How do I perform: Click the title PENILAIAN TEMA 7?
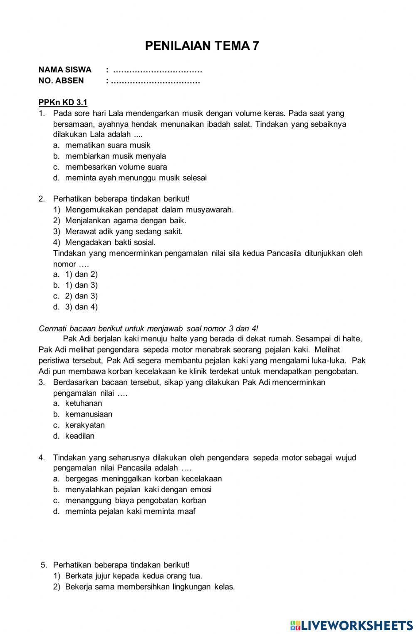click(202, 46)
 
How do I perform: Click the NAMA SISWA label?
click(65, 70)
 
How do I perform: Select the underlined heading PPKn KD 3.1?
click(63, 103)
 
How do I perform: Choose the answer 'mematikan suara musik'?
click(108, 146)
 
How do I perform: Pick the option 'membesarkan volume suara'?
click(116, 167)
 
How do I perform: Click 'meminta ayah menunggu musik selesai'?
click(136, 178)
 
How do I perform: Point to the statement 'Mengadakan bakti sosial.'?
click(110, 242)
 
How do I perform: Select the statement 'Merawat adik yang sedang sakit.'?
click(124, 232)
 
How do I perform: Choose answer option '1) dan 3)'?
click(81, 285)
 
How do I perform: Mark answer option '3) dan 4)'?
click(81, 307)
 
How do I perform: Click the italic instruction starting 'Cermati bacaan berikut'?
click(149, 328)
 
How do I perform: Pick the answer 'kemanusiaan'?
click(89, 414)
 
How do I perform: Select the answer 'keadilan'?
click(80, 436)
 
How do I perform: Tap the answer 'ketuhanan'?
click(84, 403)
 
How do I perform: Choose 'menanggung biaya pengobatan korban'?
click(136, 501)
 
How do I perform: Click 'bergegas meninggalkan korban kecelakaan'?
click(144, 479)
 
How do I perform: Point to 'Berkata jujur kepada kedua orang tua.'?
click(134, 576)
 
